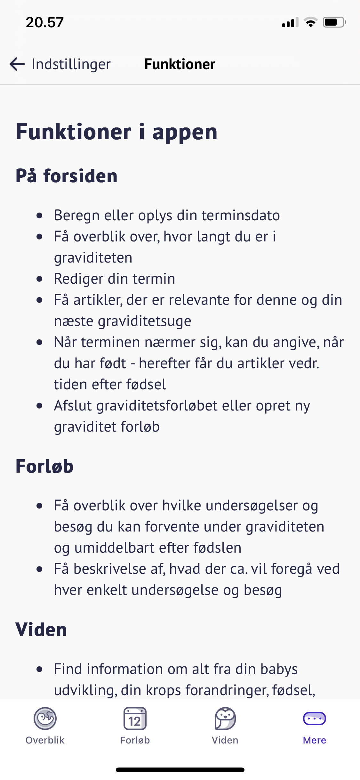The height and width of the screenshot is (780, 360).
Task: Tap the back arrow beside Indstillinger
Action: point(17,64)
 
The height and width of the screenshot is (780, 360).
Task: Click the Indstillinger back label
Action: point(71,64)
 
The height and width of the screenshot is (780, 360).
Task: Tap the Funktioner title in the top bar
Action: point(180,64)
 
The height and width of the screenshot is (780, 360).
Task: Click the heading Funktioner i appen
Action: point(116,132)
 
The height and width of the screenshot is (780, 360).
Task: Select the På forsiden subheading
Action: point(67,176)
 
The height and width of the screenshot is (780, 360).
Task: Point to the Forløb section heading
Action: point(44,466)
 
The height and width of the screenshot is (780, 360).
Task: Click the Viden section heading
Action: point(41,630)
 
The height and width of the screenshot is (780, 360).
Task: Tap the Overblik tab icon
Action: point(45,719)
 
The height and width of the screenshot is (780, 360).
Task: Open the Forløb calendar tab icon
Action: point(135,719)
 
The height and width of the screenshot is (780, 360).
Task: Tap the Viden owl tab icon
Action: point(225,719)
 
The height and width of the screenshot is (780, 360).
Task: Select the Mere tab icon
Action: point(314,719)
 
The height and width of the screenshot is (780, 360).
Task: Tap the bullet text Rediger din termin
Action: point(115,279)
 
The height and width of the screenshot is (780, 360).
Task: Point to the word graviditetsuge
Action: point(144,321)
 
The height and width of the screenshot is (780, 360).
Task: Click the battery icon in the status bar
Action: point(334,22)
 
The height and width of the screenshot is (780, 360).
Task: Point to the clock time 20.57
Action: point(45,22)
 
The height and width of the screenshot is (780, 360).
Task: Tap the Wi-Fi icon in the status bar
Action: point(310,22)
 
